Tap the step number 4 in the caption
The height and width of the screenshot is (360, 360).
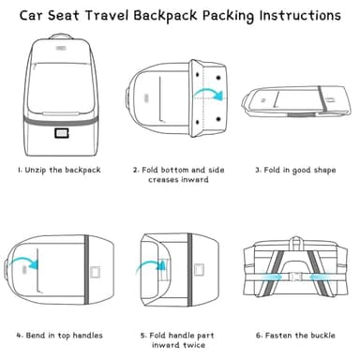19,336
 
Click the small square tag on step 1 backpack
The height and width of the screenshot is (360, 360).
64,132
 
